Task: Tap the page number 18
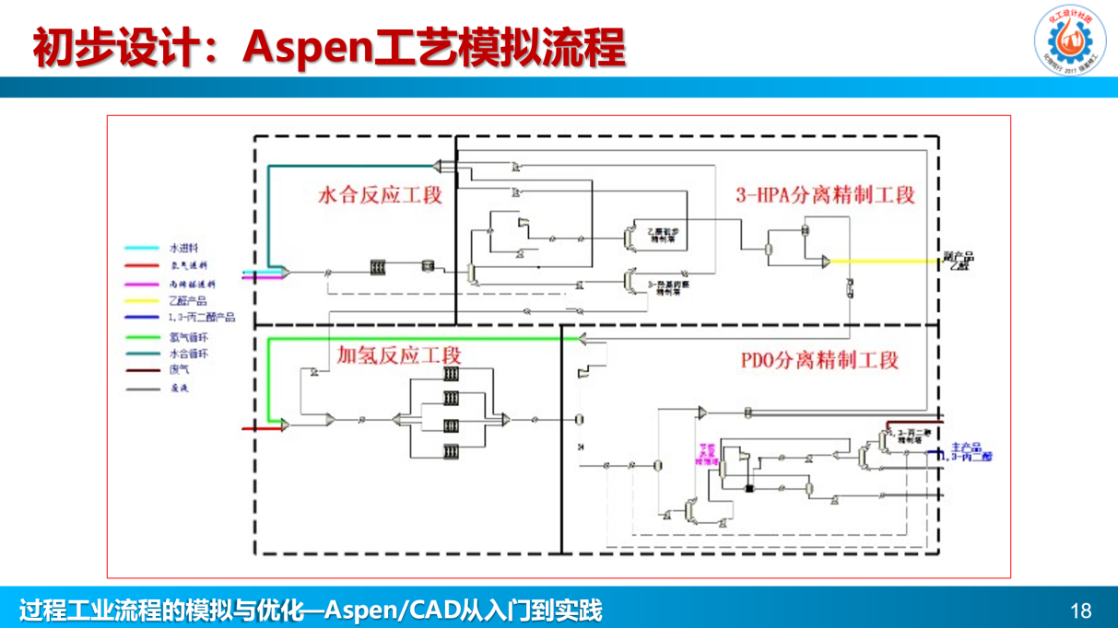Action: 1081,611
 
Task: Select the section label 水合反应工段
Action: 380,195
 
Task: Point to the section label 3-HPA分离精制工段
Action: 825,195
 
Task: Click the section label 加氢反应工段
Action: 399,355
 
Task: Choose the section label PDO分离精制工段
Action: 819,359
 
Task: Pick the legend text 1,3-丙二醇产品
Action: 202,318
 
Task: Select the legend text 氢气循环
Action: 188,338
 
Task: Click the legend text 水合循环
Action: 188,354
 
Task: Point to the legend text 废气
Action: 179,369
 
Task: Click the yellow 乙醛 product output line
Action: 885,262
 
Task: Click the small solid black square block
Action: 749,488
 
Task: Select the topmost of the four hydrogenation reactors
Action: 451,376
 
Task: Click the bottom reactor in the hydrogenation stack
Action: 451,452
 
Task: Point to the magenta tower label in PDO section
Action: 707,454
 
